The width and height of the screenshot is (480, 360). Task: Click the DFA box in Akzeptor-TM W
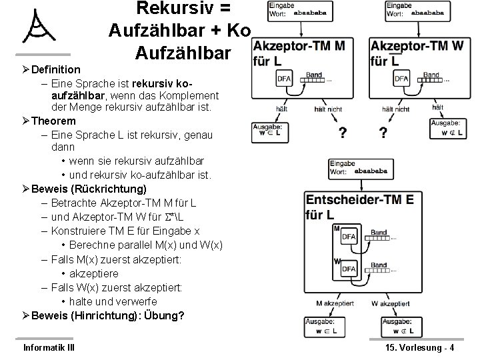(401, 79)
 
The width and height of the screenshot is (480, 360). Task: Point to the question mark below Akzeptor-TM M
(342, 133)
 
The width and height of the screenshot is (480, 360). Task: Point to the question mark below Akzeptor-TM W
(383, 133)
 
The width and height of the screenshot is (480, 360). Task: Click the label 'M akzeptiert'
(338, 304)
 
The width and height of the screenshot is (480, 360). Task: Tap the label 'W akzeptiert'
(393, 304)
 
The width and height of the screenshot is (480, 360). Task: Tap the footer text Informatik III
(49, 347)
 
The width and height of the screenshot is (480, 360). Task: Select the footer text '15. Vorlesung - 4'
(420, 347)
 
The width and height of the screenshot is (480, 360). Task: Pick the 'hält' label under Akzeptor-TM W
(437, 107)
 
